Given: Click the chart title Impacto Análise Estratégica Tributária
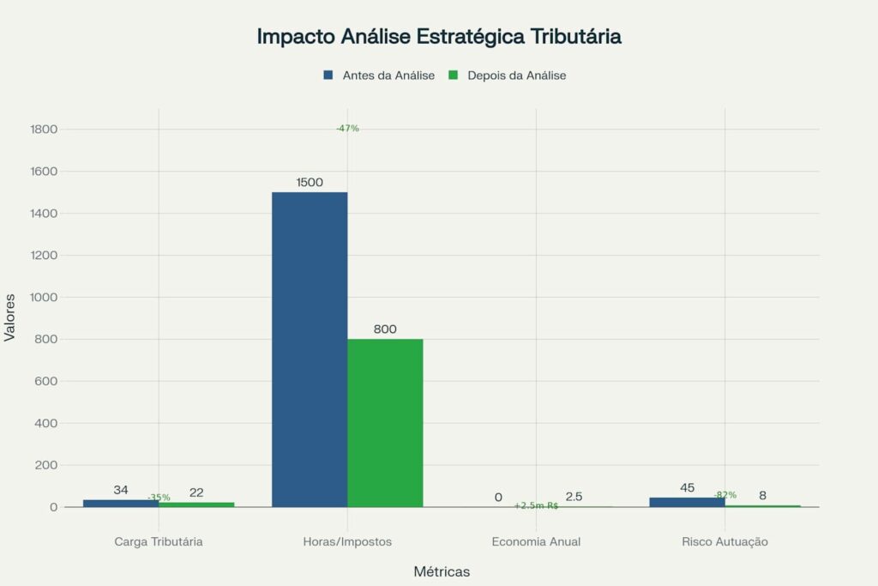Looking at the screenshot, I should click(439, 37).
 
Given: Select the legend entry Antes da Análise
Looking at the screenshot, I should click(381, 76).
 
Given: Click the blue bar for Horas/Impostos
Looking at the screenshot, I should click(310, 349).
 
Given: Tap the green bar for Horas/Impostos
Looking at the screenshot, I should click(385, 423).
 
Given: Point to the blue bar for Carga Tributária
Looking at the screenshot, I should click(121, 504).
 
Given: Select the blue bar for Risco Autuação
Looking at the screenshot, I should click(687, 503).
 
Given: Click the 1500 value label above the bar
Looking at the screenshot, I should click(310, 183).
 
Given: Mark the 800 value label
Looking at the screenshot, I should click(385, 329).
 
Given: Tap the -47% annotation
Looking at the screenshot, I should click(347, 129).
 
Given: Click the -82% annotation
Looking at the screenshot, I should click(725, 495).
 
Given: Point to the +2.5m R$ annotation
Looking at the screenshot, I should click(536, 506).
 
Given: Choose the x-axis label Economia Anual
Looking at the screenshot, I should click(536, 542).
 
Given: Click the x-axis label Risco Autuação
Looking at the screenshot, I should click(725, 542).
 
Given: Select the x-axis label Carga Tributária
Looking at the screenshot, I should click(159, 542).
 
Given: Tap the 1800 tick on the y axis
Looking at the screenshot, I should click(43, 130).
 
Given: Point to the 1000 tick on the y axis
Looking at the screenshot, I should click(43, 297).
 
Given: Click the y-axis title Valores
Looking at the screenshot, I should click(10, 318).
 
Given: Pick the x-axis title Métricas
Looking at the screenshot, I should click(442, 571).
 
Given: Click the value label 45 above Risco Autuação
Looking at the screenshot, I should click(687, 488).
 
